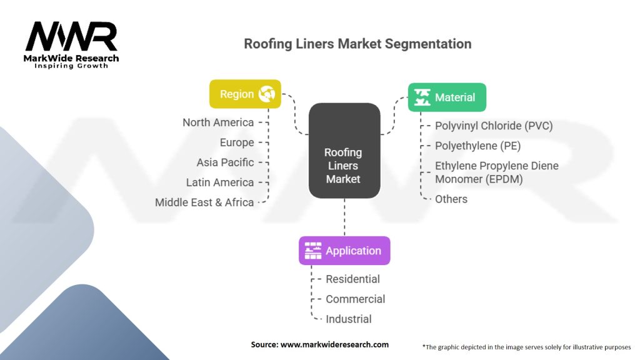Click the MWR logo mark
click(71, 36)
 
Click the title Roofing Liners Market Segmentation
click(357, 44)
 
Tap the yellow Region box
click(245, 94)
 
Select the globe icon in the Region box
click(266, 94)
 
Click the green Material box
click(447, 97)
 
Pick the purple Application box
click(344, 251)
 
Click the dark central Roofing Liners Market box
click(344, 151)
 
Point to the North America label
click(218, 122)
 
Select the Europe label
click(237, 142)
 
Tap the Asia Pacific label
click(225, 162)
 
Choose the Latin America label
click(220, 182)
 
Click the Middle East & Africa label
click(204, 202)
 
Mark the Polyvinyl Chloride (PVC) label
click(494, 126)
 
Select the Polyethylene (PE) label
click(478, 146)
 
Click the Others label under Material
click(451, 199)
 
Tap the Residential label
click(352, 279)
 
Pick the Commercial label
click(355, 299)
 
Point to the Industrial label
click(349, 319)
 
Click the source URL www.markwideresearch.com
click(334, 344)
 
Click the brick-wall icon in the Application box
click(313, 251)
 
